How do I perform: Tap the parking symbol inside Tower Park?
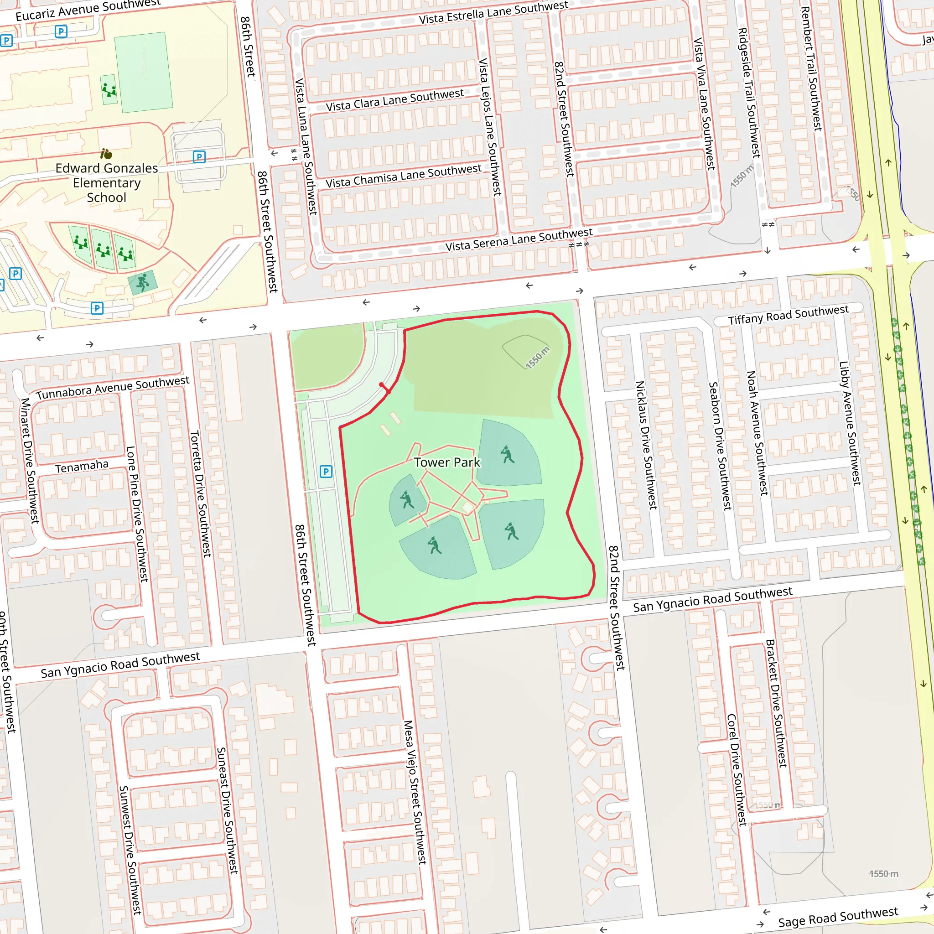[326, 472]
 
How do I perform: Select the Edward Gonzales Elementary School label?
[106, 183]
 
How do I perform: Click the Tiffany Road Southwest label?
[788, 315]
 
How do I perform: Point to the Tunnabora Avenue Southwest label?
[113, 388]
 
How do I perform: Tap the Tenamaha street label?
[82, 467]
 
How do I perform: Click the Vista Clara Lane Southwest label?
[394, 100]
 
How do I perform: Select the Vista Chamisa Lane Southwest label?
[403, 176]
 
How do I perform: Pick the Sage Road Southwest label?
[838, 917]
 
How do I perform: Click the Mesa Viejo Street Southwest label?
[415, 792]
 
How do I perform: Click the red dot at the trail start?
[381, 385]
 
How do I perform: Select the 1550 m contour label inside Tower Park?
[537, 358]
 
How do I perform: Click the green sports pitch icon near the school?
[143, 282]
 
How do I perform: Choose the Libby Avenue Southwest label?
[849, 423]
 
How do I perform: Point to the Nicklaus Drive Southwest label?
[646, 445]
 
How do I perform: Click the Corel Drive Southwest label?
[736, 770]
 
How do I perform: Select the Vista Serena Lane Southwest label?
[518, 240]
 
